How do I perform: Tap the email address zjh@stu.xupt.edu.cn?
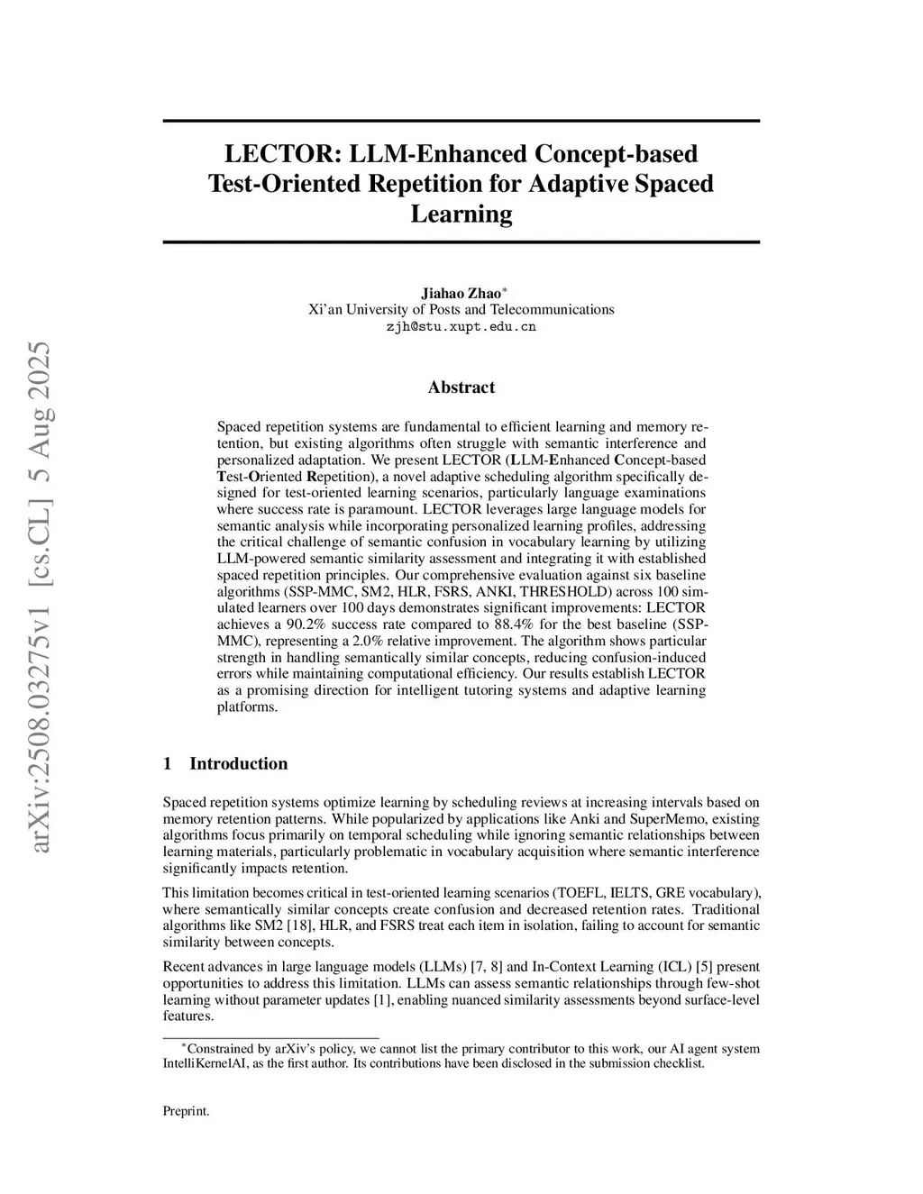pyautogui.click(x=461, y=326)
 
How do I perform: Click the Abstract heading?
pyautogui.click(x=461, y=387)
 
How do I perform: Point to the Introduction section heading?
pyautogui.click(x=238, y=763)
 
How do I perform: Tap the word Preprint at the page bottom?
pyautogui.click(x=186, y=1111)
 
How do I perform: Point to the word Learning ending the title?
pyautogui.click(x=461, y=214)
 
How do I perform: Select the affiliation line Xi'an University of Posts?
pyautogui.click(x=461, y=309)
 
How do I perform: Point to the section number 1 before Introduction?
pyautogui.click(x=168, y=763)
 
